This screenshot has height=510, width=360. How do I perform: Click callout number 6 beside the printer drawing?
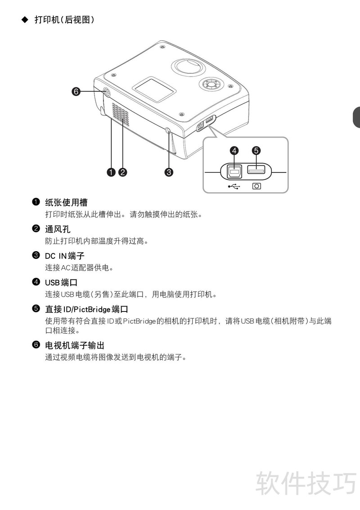[x=76, y=91]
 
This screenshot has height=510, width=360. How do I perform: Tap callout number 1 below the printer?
[x=111, y=172]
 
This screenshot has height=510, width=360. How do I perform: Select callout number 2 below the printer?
[x=122, y=172]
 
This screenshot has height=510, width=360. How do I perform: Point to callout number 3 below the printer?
[x=169, y=172]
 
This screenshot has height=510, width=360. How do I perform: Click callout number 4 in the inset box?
[x=234, y=151]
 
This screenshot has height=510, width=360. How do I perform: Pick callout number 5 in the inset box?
[x=256, y=151]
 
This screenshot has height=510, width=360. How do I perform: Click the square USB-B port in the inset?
[x=234, y=171]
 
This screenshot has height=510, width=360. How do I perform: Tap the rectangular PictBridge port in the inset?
[x=256, y=169]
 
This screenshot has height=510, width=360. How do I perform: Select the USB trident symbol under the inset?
[x=234, y=186]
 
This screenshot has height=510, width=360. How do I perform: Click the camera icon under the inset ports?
[x=256, y=186]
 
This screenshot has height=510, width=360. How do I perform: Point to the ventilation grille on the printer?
[x=120, y=114]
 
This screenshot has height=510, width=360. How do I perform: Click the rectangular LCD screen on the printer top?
[x=154, y=90]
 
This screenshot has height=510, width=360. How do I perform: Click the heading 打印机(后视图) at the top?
[x=64, y=19]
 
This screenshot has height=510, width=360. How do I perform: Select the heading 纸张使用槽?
[x=66, y=202]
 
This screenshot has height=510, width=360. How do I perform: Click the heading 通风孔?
[x=58, y=229]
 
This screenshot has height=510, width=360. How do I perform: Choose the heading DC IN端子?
[x=65, y=256]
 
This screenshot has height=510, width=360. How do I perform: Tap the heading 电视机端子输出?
[x=75, y=345]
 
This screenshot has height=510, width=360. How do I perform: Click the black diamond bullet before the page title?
[x=25, y=19]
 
